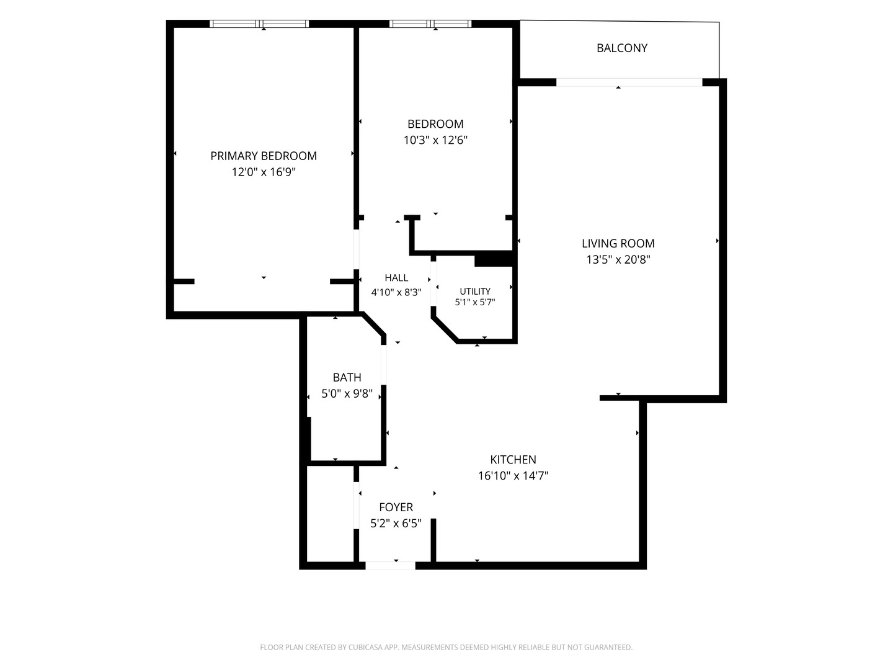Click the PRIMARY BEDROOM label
pos(263,156)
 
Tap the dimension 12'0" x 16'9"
pos(263,172)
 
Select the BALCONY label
pos(621,48)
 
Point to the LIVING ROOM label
pos(618,243)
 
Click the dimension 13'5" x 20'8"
pos(618,259)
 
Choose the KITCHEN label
pos(513,459)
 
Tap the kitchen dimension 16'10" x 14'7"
pos(513,476)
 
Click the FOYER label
pos(396,507)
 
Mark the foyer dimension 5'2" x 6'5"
pos(396,523)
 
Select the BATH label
pos(347,378)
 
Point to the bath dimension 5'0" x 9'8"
pos(347,394)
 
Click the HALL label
pos(396,278)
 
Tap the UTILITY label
pos(475,292)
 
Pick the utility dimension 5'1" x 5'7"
pos(475,302)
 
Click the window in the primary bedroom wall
pos(259,24)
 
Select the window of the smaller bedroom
pos(430,24)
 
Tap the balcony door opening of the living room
pos(629,82)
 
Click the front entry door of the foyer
pos(390,565)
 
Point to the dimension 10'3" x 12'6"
pos(435,140)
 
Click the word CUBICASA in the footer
pos(366,647)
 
